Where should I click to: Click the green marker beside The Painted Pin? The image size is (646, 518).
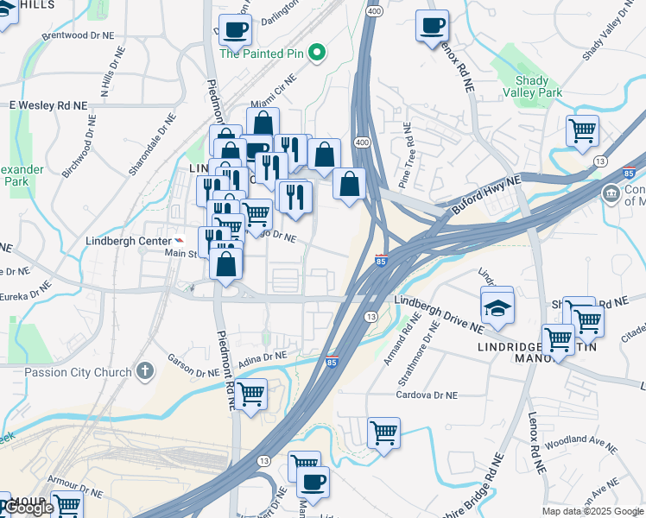coord(317,53)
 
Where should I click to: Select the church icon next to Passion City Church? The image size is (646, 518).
coord(145,372)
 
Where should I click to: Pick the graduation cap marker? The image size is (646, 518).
coord(497,306)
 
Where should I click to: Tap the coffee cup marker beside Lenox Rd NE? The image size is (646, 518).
coord(432,26)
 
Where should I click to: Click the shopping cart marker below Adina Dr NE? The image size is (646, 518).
coord(250,395)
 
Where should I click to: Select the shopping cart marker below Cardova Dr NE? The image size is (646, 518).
coord(383,433)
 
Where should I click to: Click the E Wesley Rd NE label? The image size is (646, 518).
coord(48,105)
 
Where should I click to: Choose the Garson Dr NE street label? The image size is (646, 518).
coord(193,367)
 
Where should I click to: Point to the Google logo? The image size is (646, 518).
coord(29,509)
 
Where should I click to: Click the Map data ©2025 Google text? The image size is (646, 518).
coord(592,511)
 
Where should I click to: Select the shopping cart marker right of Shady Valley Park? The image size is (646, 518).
coord(583,131)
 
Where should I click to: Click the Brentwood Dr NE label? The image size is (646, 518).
coord(79,36)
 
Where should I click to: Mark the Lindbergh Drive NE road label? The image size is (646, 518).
coord(439,314)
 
